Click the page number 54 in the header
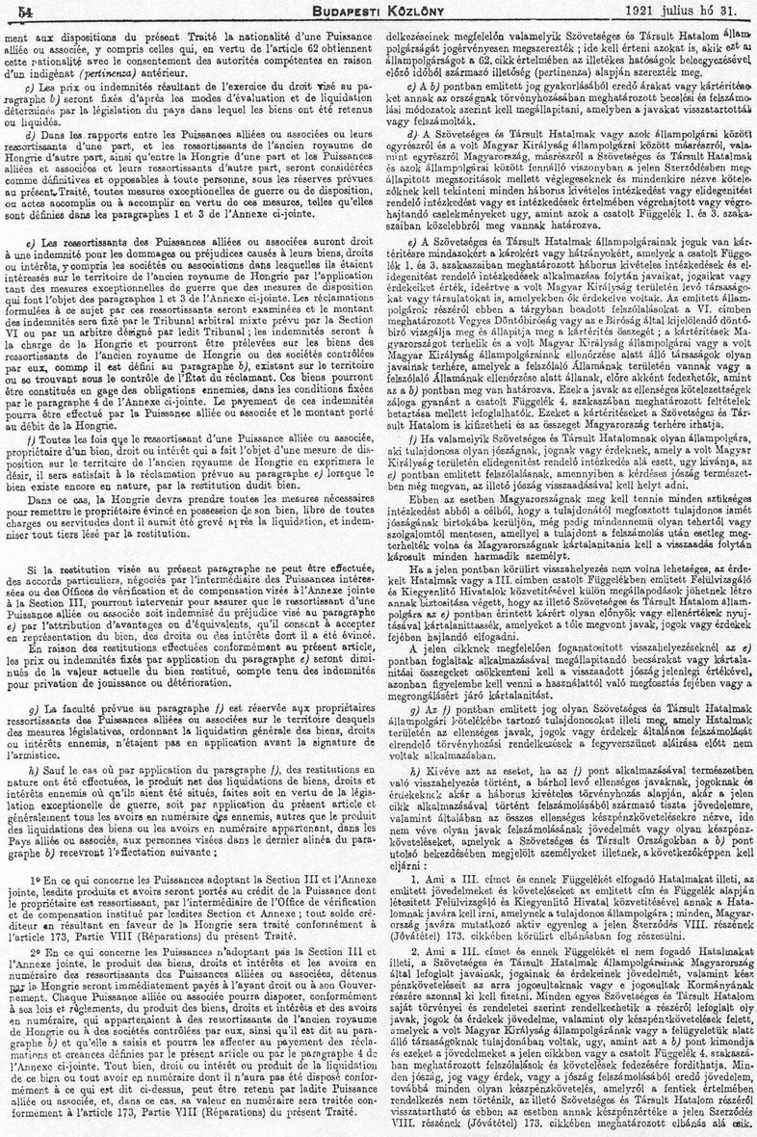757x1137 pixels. (19, 10)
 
